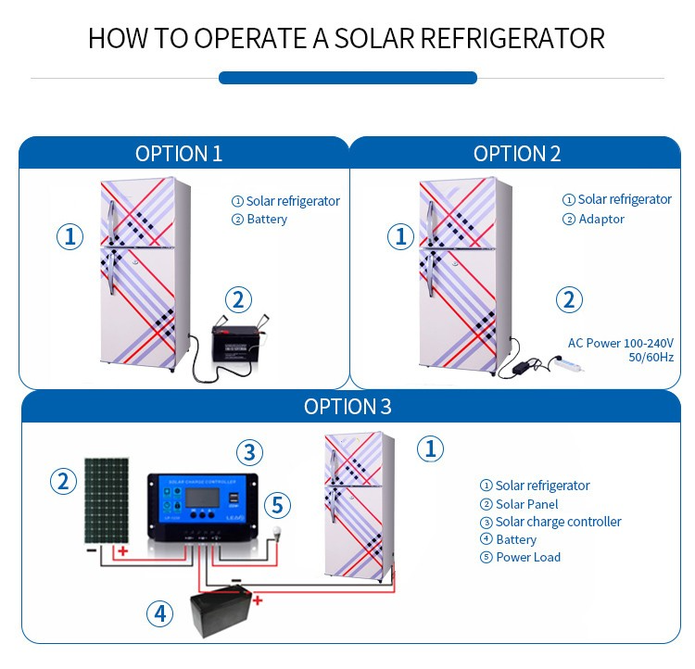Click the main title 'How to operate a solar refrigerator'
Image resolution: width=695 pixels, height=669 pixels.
click(347, 39)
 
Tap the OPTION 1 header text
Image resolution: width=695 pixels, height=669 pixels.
click(179, 154)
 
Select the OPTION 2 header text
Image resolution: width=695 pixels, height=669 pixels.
click(517, 154)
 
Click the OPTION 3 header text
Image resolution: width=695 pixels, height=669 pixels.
click(347, 407)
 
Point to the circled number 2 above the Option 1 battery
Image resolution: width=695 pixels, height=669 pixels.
click(238, 300)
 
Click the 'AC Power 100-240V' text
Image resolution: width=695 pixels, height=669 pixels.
click(620, 343)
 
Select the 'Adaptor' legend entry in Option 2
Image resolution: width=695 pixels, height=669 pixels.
click(600, 220)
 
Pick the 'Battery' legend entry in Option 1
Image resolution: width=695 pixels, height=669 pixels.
click(266, 220)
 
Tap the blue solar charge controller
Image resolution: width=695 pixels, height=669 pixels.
click(203, 507)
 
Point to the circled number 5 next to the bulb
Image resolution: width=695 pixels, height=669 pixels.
click(277, 506)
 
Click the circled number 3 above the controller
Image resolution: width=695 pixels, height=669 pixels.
click(248, 452)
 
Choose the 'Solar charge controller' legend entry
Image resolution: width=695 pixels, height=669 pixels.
click(558, 522)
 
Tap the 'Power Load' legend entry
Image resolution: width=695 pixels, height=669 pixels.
click(527, 557)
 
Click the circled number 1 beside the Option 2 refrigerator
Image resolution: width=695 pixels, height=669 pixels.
click(400, 237)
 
